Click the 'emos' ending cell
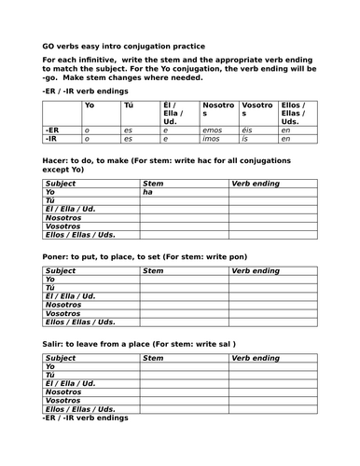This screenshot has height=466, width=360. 212,130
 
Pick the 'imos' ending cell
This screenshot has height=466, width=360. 212,139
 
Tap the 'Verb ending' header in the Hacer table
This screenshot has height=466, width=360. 255,184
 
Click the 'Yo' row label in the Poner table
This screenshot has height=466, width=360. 50,279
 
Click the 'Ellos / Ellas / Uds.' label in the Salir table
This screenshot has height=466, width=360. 80,408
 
